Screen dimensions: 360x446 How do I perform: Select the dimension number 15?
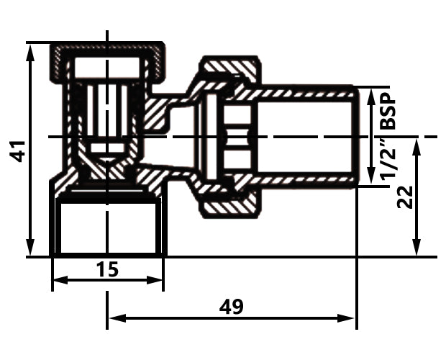[108, 269]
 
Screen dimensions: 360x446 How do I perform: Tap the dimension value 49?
[232, 307]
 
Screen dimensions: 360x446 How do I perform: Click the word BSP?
[388, 111]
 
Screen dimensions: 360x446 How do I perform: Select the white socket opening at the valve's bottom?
[108, 228]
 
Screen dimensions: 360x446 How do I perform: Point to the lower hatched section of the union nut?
[230, 209]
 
